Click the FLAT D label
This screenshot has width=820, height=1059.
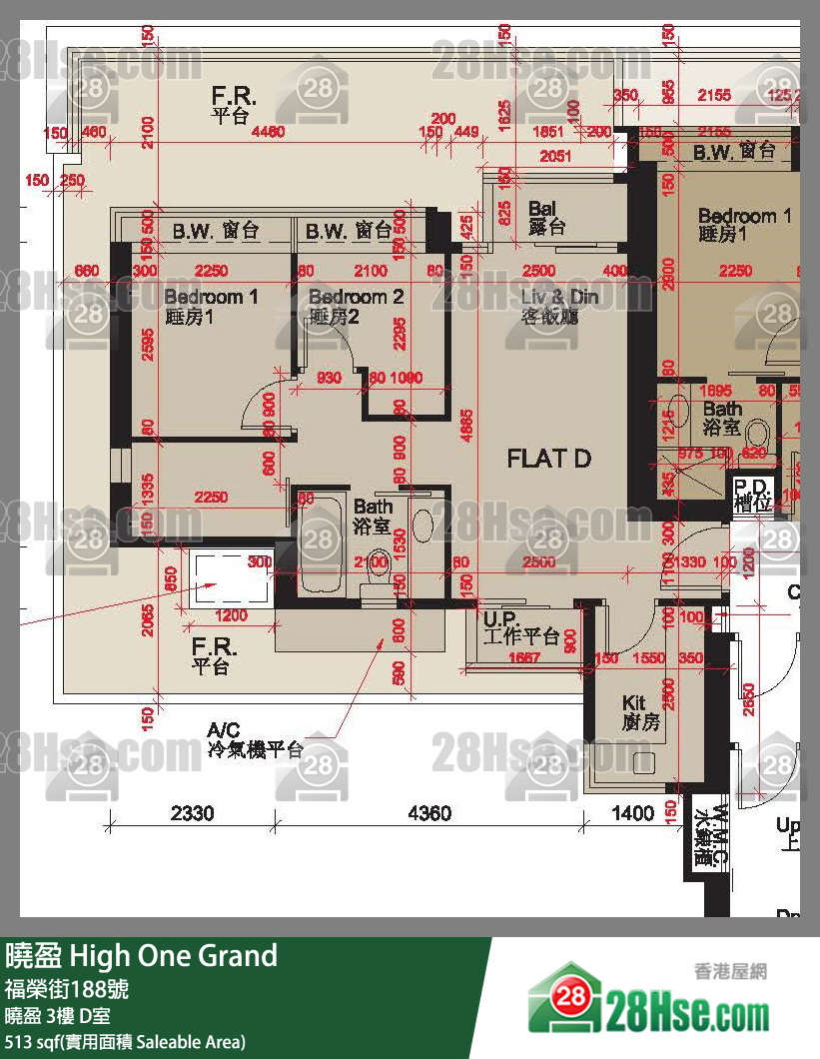[x=549, y=460]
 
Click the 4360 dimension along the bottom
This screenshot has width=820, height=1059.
[x=429, y=814]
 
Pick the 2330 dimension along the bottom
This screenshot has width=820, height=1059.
[x=192, y=814]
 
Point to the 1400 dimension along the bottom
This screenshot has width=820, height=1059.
[x=633, y=814]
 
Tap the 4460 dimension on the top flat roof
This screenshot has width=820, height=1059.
[x=268, y=131]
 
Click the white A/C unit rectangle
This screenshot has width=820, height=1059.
[x=232, y=579]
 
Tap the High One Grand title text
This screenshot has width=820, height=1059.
[x=141, y=956]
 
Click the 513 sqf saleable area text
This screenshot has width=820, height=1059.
[x=125, y=1042]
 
